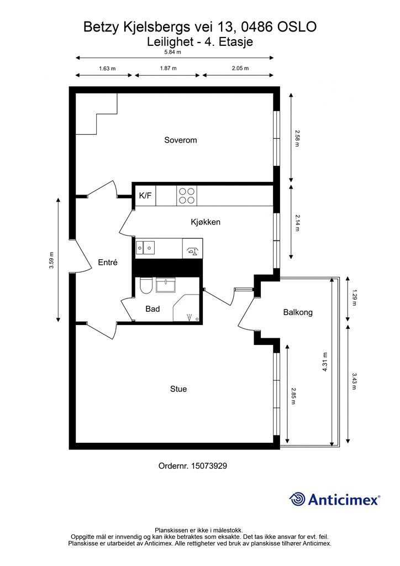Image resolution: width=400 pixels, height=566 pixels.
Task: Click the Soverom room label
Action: (x=180, y=140)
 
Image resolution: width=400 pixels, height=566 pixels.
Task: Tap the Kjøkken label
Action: (x=206, y=222)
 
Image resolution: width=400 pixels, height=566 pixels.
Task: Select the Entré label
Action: (x=108, y=263)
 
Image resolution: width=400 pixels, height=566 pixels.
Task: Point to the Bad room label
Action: (x=152, y=309)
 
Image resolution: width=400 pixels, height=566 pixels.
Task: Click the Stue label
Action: (x=178, y=389)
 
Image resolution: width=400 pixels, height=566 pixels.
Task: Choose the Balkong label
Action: (x=298, y=312)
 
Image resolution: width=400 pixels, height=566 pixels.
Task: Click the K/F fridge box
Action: (x=145, y=196)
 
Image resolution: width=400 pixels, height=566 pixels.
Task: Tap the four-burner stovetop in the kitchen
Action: (x=187, y=196)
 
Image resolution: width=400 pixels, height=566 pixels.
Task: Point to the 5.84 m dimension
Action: (x=173, y=52)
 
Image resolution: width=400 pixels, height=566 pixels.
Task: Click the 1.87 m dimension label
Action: (x=168, y=68)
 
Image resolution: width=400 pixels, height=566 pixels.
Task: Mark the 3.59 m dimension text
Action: (x=51, y=260)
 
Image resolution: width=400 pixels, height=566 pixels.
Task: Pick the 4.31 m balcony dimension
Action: (x=325, y=361)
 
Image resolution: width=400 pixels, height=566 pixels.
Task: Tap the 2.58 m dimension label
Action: (x=297, y=138)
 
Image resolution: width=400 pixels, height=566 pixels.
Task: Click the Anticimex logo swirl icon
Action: (x=297, y=499)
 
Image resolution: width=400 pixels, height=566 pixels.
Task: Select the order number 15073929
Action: (x=209, y=466)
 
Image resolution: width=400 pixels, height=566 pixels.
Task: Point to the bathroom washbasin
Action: (x=166, y=285)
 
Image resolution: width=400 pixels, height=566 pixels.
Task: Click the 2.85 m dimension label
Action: (x=293, y=396)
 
